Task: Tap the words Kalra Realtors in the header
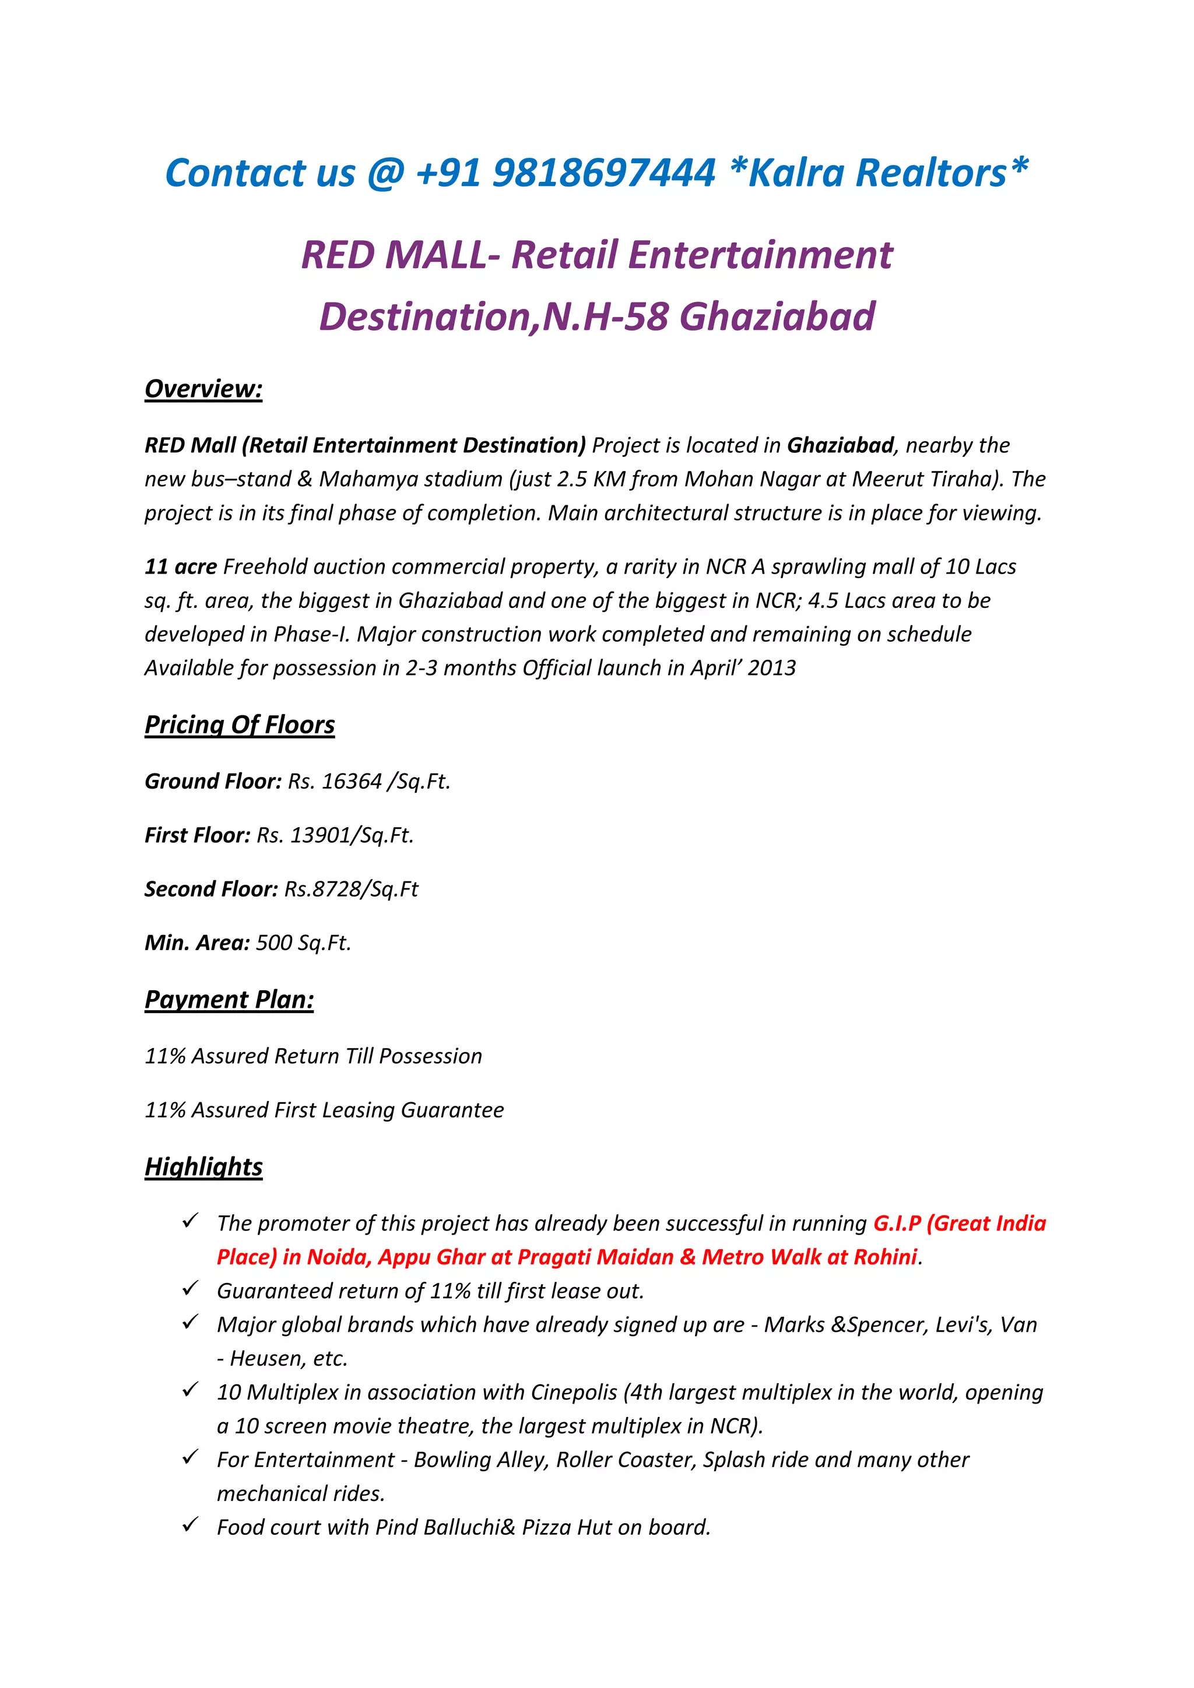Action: [x=877, y=174]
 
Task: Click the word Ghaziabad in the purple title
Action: [x=777, y=317]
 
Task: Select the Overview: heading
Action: [x=203, y=389]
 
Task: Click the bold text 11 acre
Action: [x=181, y=567]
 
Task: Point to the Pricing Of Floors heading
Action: [x=240, y=725]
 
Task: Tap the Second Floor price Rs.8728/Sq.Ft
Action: [x=352, y=889]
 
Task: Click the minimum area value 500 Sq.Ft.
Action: [x=304, y=943]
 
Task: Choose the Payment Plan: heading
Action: [x=229, y=1000]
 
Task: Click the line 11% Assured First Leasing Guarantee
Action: [x=324, y=1110]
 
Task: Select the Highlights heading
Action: [x=203, y=1167]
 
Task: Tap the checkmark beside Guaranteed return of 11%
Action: [x=191, y=1289]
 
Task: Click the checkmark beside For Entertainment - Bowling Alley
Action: [x=191, y=1458]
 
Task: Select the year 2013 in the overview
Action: [x=772, y=669]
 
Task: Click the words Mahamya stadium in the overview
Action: [x=411, y=479]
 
